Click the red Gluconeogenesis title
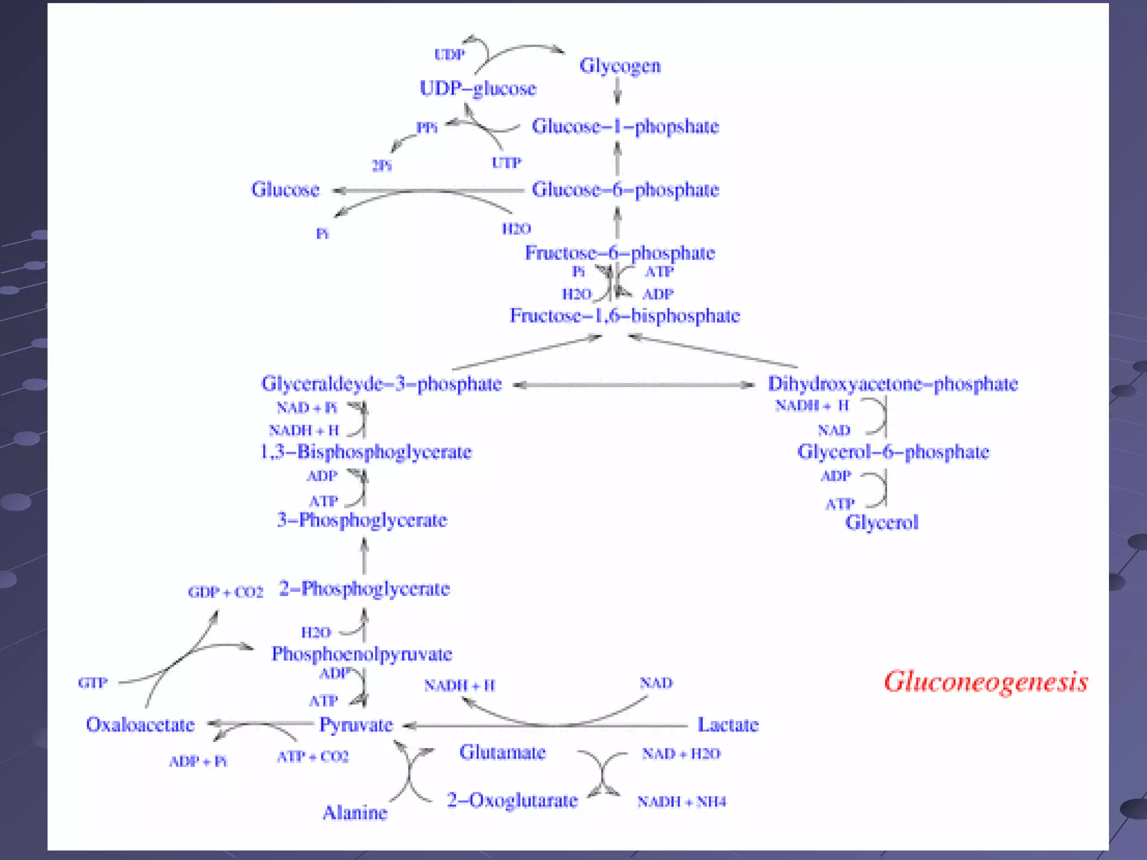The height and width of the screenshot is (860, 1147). coord(986,681)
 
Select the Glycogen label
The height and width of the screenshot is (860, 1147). coord(620,66)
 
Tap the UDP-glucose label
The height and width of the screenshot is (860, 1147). coord(478,88)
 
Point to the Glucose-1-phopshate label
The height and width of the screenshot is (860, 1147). coord(625,127)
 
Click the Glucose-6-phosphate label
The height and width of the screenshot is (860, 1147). coord(625,190)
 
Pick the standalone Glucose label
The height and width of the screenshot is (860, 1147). coord(285,190)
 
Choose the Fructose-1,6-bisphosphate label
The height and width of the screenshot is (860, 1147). coord(624,316)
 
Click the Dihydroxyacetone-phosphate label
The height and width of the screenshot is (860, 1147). coord(892,384)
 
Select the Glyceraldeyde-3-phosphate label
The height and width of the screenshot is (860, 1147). coord(381,384)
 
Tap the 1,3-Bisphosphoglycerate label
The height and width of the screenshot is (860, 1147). coord(366,452)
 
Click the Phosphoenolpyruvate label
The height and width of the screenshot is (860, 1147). coord(362,654)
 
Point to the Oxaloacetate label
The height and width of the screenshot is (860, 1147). coord(140,725)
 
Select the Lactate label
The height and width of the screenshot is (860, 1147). coord(728,725)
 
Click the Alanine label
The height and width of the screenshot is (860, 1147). coord(355,812)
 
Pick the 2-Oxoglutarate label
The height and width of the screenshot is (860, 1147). coord(512,800)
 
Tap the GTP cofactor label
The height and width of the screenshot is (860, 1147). coord(93,683)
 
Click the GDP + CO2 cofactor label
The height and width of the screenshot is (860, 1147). coord(225,592)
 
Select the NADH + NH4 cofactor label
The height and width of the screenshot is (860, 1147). coord(681,802)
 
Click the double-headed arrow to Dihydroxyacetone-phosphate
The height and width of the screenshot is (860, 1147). coord(633,385)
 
